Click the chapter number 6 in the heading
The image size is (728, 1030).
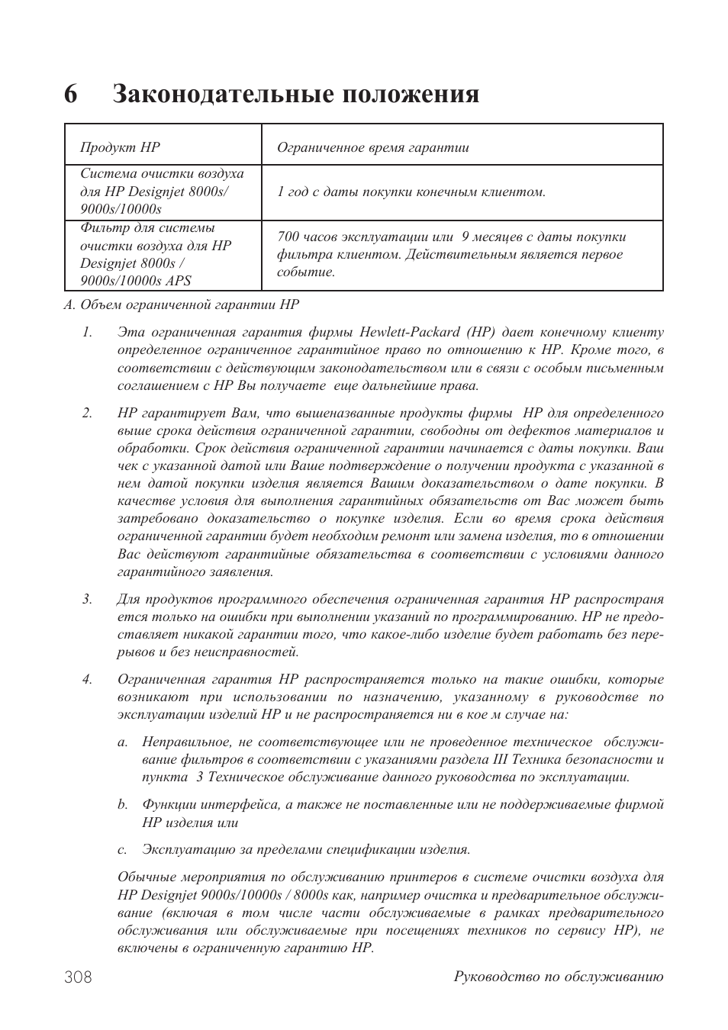click(x=71, y=95)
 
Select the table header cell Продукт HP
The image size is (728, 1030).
click(x=120, y=147)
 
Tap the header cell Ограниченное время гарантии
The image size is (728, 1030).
click(x=372, y=147)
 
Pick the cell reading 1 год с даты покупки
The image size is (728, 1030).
click(x=411, y=192)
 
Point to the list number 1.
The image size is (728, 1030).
click(x=87, y=333)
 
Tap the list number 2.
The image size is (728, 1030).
click(x=87, y=413)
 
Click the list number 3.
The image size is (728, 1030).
click(x=87, y=599)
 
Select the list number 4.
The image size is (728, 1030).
click(x=87, y=679)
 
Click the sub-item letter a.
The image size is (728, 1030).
click(x=121, y=742)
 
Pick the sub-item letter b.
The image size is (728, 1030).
click(x=121, y=804)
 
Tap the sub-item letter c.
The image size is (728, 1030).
click(x=121, y=850)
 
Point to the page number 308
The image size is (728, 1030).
click(x=79, y=977)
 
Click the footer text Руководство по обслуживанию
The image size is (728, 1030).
click(x=558, y=977)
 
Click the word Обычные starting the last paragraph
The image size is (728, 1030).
click(x=147, y=877)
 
